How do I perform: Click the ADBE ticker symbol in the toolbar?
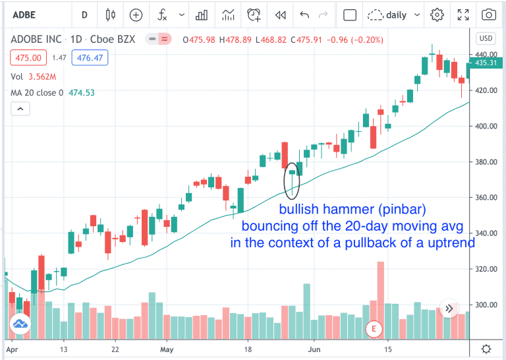pyautogui.click(x=25, y=14)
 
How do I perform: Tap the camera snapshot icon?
pyautogui.click(x=488, y=15)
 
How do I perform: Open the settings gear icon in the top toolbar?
pyautogui.click(x=437, y=15)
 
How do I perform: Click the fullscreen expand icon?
pyautogui.click(x=463, y=15)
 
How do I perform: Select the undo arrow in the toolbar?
pyautogui.click(x=304, y=15)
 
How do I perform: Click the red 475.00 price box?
pyautogui.click(x=28, y=59)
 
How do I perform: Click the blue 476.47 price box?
pyautogui.click(x=92, y=59)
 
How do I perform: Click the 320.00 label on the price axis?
pyautogui.click(x=487, y=269)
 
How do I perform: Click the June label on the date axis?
pyautogui.click(x=315, y=349)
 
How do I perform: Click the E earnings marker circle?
pyautogui.click(x=374, y=328)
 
